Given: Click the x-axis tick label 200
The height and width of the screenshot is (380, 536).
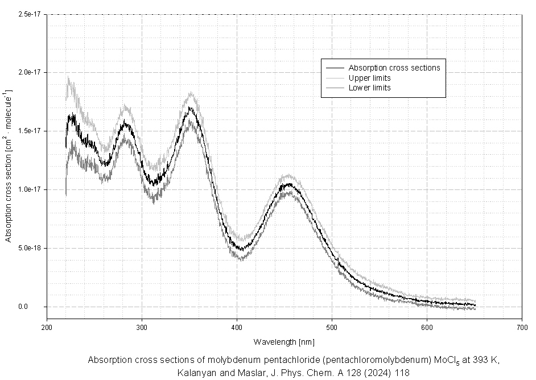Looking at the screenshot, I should coord(47,328).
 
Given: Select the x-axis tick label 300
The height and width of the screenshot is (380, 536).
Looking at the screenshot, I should coord(142,328).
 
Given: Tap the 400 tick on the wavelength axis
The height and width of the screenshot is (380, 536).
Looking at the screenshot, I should coord(237,328).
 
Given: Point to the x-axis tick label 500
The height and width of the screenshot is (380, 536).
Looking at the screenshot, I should coord(332,328).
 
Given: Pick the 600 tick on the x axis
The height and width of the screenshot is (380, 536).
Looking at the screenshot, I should coord(427,328).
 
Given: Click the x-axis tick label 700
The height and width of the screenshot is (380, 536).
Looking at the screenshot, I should coord(521,328).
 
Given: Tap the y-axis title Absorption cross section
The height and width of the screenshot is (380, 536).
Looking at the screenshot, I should coord(9,166).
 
